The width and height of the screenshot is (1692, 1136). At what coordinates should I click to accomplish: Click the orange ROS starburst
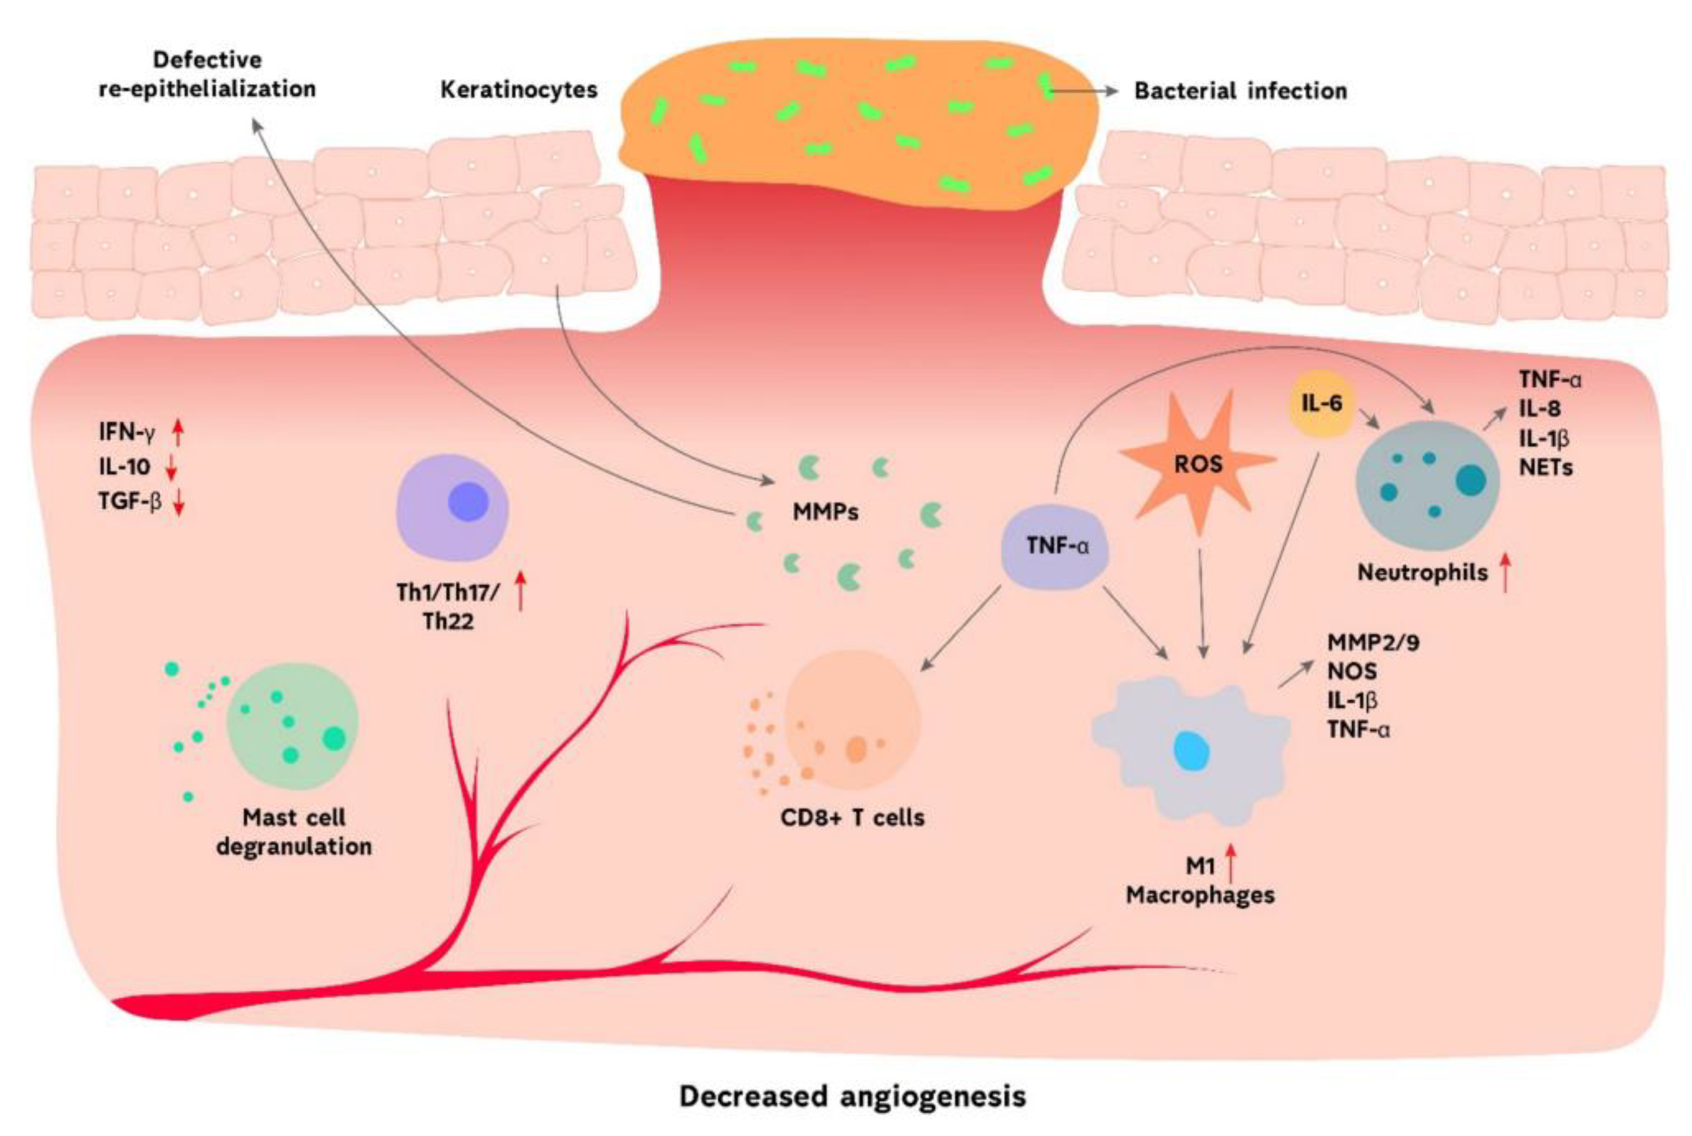click(1198, 464)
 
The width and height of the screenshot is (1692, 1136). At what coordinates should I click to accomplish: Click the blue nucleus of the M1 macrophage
click(1192, 751)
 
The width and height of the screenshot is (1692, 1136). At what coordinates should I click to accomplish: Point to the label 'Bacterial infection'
click(1240, 91)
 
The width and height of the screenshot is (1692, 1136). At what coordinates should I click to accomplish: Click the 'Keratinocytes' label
click(519, 90)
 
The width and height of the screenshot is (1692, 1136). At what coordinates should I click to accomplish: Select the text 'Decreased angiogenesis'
click(852, 1096)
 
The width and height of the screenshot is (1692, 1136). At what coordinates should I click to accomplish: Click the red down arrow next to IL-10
click(172, 468)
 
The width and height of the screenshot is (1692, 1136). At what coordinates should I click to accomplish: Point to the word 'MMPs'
click(826, 512)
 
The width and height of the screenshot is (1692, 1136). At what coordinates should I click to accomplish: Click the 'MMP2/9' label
click(1373, 642)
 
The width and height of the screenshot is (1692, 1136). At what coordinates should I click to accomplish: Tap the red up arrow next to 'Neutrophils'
click(1506, 572)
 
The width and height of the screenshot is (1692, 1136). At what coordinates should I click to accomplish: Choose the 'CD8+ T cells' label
click(852, 818)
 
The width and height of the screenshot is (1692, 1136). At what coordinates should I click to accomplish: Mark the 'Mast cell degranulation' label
click(294, 832)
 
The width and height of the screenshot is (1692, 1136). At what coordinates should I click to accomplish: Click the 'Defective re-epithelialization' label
click(207, 75)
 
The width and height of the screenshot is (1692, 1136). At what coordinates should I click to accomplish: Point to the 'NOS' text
click(1352, 672)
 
